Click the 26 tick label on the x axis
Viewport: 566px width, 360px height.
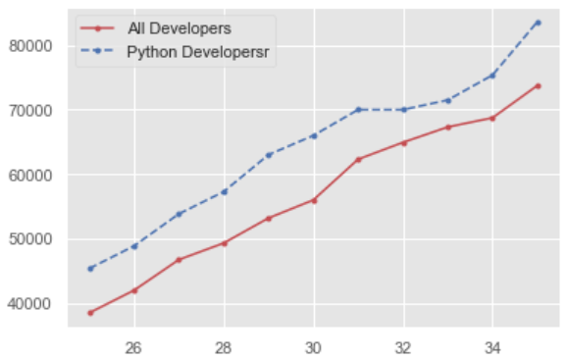click(134, 346)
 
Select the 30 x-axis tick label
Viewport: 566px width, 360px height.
click(314, 346)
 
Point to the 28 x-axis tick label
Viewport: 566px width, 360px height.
click(224, 346)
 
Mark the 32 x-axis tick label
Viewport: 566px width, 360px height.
click(403, 346)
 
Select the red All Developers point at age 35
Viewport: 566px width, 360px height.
click(538, 85)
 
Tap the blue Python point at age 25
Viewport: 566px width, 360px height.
click(90, 268)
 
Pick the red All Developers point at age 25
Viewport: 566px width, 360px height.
click(90, 313)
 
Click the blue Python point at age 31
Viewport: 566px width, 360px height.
click(359, 109)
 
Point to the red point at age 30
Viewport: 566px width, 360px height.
click(314, 200)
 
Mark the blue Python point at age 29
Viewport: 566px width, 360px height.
click(269, 155)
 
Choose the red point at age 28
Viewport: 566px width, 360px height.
click(225, 242)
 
